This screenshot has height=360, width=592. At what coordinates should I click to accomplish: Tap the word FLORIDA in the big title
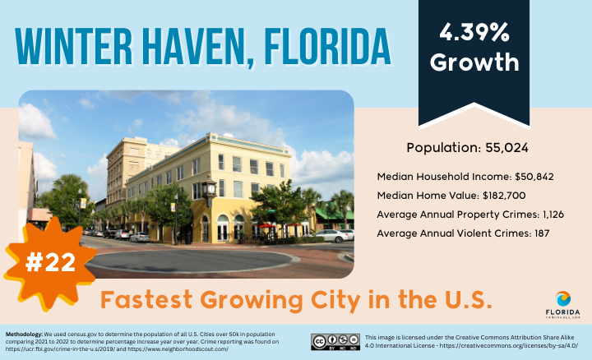(x=327, y=46)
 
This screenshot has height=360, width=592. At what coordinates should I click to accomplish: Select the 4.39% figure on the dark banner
(x=474, y=32)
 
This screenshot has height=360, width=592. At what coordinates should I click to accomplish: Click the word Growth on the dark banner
(x=474, y=62)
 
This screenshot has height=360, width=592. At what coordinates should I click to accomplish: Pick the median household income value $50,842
(x=534, y=177)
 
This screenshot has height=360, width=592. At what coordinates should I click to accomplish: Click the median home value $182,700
(x=504, y=196)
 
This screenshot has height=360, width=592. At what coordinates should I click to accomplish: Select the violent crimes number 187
(x=542, y=233)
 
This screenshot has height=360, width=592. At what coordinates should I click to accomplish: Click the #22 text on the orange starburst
(x=50, y=262)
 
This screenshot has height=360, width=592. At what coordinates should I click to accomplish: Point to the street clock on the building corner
(x=210, y=189)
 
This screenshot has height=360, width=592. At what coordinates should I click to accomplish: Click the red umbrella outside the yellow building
(x=267, y=226)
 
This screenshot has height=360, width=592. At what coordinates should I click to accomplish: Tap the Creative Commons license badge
(x=335, y=342)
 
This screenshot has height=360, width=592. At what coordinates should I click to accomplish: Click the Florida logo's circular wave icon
(x=563, y=298)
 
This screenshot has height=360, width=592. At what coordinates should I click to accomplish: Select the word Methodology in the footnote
(x=24, y=335)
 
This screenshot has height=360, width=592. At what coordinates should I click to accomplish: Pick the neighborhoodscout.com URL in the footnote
(x=178, y=349)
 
